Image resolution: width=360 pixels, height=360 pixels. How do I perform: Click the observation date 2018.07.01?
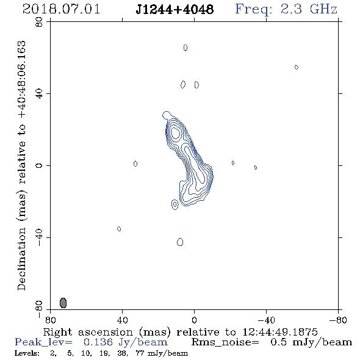[x=61, y=10]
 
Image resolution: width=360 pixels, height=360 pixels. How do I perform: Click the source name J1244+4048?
[x=175, y=10]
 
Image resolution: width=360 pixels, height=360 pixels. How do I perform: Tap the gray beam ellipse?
[x=63, y=303]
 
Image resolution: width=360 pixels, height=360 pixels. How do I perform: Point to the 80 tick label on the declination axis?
[x=39, y=22]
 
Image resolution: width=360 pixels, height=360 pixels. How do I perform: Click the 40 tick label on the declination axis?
[x=39, y=94]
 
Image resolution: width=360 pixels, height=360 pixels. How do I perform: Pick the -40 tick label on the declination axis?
[x=39, y=237]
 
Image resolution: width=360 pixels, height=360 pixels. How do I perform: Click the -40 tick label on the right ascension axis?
[x=266, y=320]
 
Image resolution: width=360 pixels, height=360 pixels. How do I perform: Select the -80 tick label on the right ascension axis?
[x=338, y=320]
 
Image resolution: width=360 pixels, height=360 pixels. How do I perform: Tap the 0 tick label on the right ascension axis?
[x=194, y=320]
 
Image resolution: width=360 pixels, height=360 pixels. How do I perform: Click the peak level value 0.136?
[x=98, y=342]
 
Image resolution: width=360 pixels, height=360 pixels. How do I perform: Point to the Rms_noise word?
[x=225, y=342]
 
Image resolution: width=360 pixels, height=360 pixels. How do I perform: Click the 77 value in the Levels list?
[x=140, y=353]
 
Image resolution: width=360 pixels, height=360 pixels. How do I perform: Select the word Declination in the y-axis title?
[x=21, y=259]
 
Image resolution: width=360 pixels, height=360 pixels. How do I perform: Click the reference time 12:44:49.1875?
[x=280, y=332]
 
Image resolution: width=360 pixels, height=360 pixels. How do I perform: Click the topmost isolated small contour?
[x=185, y=48]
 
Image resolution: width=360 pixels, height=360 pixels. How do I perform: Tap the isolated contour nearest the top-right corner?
[x=297, y=67]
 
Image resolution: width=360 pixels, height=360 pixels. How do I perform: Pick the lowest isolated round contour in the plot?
[x=180, y=242]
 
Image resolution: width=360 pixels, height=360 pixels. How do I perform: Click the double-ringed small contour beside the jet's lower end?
[x=175, y=204]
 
